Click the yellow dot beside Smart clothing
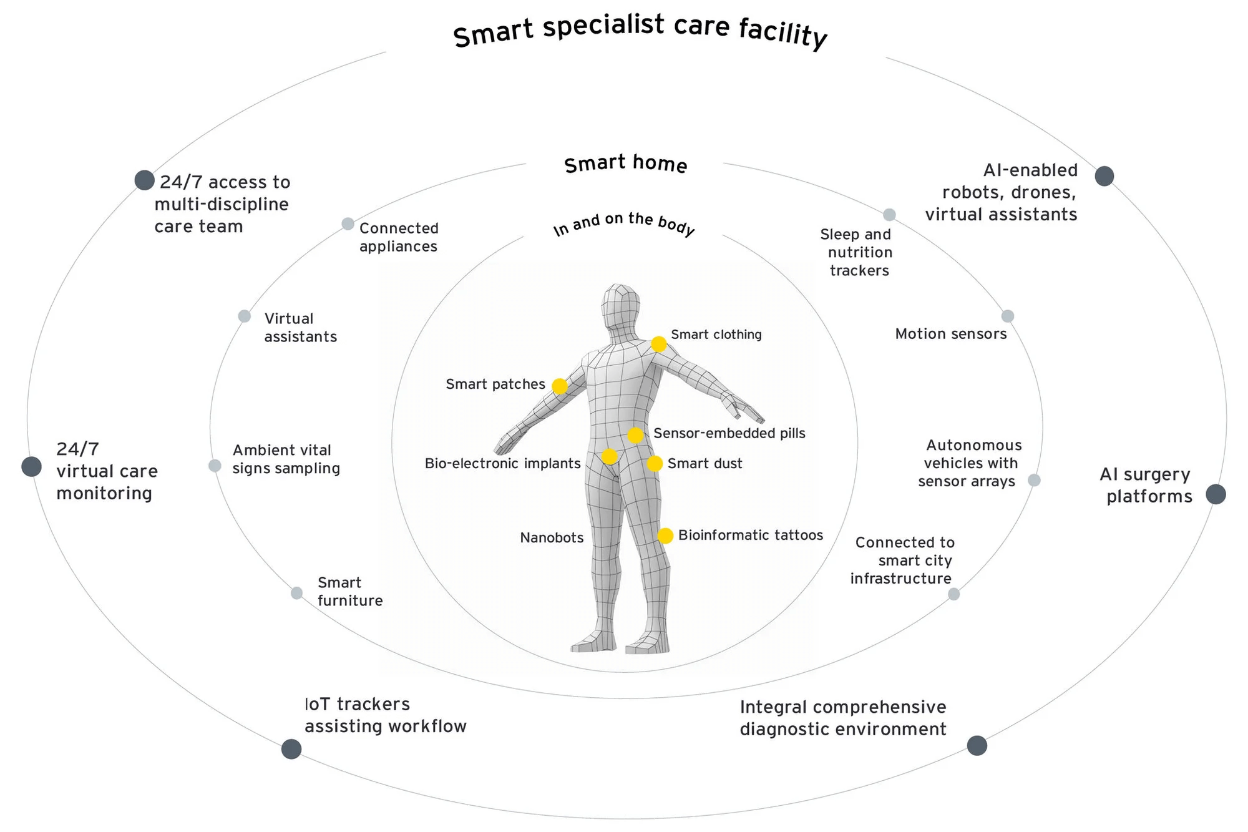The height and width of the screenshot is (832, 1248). click(x=659, y=344)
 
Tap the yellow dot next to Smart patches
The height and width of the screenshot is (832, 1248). click(x=560, y=386)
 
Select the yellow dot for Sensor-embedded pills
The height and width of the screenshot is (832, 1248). click(x=635, y=435)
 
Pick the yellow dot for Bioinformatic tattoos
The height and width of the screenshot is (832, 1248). click(x=665, y=536)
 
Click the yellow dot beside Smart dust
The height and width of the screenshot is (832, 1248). click(x=655, y=464)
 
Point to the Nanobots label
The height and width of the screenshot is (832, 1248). click(x=552, y=537)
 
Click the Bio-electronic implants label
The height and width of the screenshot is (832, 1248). click(x=502, y=463)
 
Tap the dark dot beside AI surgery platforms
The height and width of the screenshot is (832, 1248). click(x=1216, y=494)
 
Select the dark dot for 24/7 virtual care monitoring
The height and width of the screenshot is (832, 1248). click(x=31, y=466)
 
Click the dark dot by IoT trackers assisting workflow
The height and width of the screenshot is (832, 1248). click(x=291, y=749)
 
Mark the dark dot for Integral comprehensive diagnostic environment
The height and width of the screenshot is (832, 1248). click(x=977, y=745)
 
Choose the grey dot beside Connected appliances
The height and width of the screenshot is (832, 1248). click(x=348, y=224)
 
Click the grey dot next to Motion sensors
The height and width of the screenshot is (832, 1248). click(x=1008, y=316)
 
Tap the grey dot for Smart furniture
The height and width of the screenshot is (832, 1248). click(x=297, y=593)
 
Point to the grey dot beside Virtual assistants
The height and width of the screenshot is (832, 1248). click(x=245, y=316)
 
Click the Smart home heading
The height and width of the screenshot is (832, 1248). click(x=625, y=164)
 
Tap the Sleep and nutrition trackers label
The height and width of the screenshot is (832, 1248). click(x=856, y=252)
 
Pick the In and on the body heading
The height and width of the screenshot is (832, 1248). click(x=624, y=225)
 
